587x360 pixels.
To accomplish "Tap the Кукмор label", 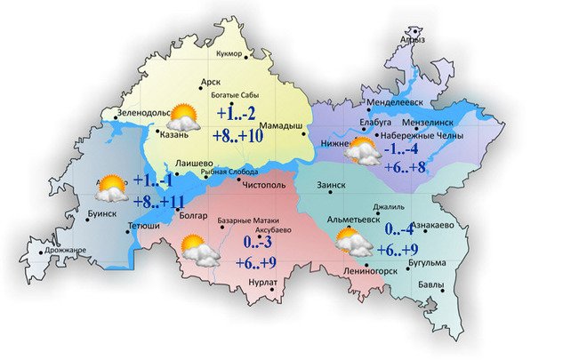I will pyautogui.click(x=230, y=55).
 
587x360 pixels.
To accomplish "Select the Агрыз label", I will pyautogui.click(x=414, y=40).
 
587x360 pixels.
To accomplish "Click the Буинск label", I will pyautogui.click(x=103, y=214).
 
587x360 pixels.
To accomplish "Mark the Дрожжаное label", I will pyautogui.click(x=68, y=250).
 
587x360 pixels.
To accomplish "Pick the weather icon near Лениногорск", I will pyautogui.click(x=354, y=241).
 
